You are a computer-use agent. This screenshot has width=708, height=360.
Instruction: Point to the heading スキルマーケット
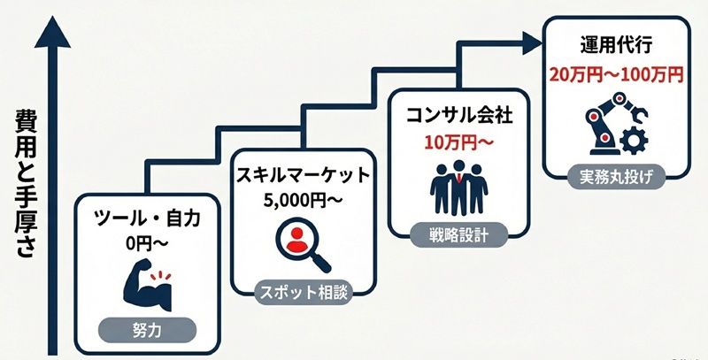(304, 175)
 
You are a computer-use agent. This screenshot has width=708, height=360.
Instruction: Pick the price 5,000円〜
(304, 199)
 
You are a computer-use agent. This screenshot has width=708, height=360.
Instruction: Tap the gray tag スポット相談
(304, 289)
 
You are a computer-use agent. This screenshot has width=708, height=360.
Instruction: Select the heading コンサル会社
(458, 116)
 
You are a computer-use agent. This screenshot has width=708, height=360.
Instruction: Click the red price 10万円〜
(458, 142)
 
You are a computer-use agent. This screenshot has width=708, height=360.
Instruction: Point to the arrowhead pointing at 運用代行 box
(529, 40)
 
